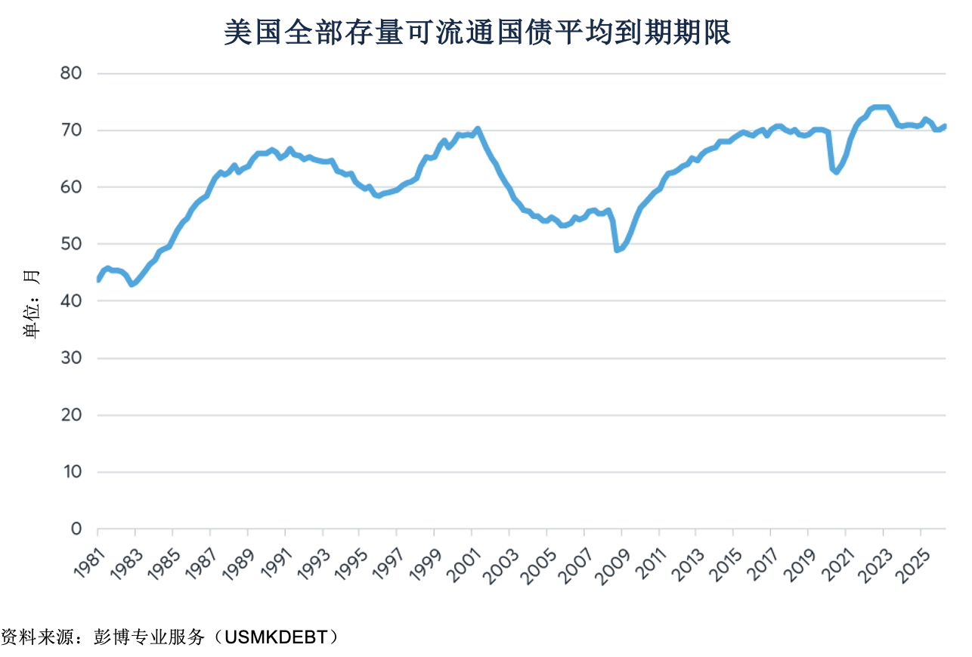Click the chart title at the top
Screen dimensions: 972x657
(478, 32)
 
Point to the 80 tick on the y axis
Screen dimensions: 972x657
(71, 73)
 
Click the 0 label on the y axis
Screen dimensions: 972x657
(76, 529)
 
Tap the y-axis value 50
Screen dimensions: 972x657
(71, 244)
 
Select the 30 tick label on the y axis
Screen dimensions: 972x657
(71, 358)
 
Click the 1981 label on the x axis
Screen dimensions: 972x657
(90, 563)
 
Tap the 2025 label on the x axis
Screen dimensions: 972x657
(913, 566)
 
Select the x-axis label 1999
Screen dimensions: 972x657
(426, 564)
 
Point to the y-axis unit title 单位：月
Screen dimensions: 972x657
(31, 304)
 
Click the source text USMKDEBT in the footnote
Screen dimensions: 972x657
(276, 637)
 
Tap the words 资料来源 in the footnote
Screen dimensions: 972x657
(37, 637)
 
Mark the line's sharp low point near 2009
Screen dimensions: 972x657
(617, 250)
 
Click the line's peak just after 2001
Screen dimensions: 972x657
(478, 129)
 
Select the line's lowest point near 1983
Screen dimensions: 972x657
(132, 285)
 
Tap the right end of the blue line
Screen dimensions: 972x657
(945, 126)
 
